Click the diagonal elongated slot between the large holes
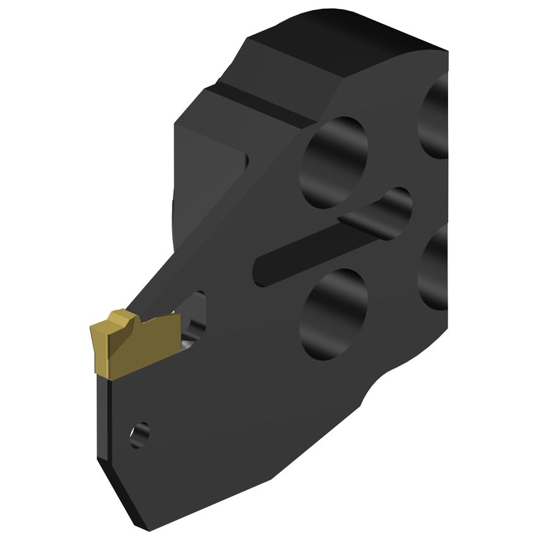[328, 237]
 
